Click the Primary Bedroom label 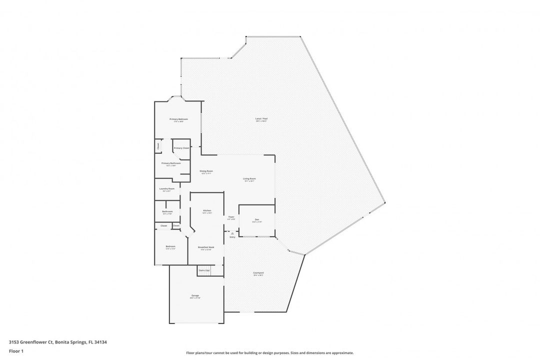(178, 119)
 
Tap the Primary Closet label (181, 148)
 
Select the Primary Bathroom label (170, 163)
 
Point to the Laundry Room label (166, 188)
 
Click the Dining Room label (206, 171)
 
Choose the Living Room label (249, 179)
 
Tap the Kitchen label (206, 210)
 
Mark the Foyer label (231, 217)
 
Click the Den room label (256, 219)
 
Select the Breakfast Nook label (206, 247)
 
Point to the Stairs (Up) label (204, 270)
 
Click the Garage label (195, 296)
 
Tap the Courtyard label (258, 273)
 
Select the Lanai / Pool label (261, 119)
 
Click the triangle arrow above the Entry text (232, 233)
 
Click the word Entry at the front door (232, 237)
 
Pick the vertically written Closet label (158, 146)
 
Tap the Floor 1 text (16, 351)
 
